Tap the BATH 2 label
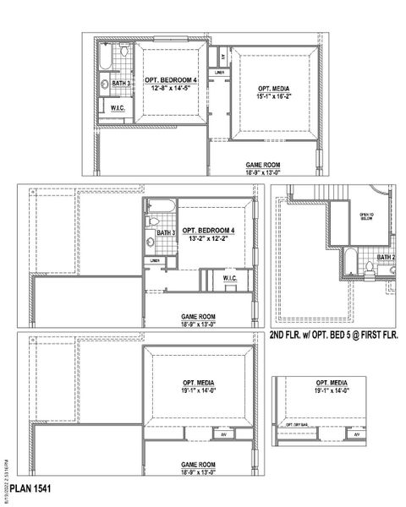[x=387, y=258]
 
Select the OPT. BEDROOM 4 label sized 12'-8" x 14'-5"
[x=169, y=79]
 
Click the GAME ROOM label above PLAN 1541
[x=197, y=464]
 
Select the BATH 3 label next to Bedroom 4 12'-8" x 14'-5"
[x=122, y=84]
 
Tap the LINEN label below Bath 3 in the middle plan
[x=156, y=260]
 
